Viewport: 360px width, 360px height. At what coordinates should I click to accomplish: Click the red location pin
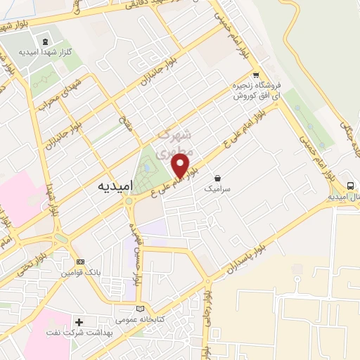pyautogui.click(x=181, y=166)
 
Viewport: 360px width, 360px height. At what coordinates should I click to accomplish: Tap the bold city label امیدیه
pyautogui.click(x=112, y=188)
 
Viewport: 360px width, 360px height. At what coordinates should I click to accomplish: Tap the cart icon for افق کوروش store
pyautogui.click(x=257, y=76)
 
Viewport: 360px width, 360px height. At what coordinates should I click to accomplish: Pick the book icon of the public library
pyautogui.click(x=141, y=308)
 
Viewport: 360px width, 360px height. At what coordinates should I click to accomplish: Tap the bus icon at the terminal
pyautogui.click(x=349, y=186)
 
